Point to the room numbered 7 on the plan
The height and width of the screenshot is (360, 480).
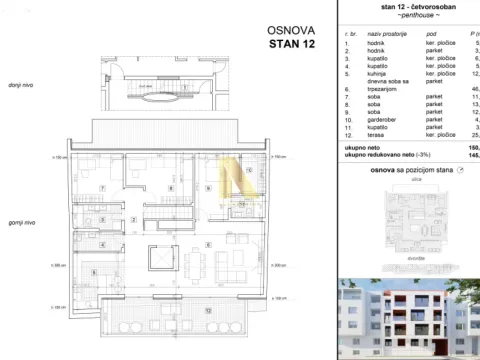click(103, 188)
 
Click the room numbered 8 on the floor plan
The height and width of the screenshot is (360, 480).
click(171, 188)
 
